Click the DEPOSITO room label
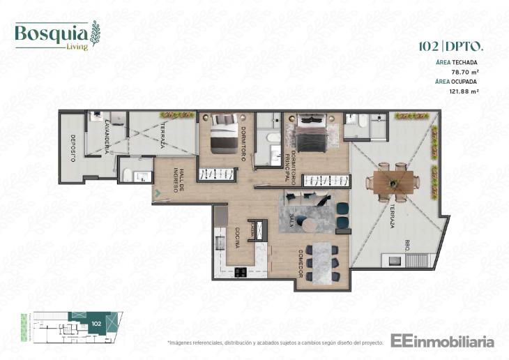click(x=72, y=147)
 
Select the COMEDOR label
click(x=301, y=264)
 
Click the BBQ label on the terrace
click(x=407, y=245)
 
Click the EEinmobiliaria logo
click(x=442, y=342)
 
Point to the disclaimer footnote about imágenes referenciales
click(x=275, y=343)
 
